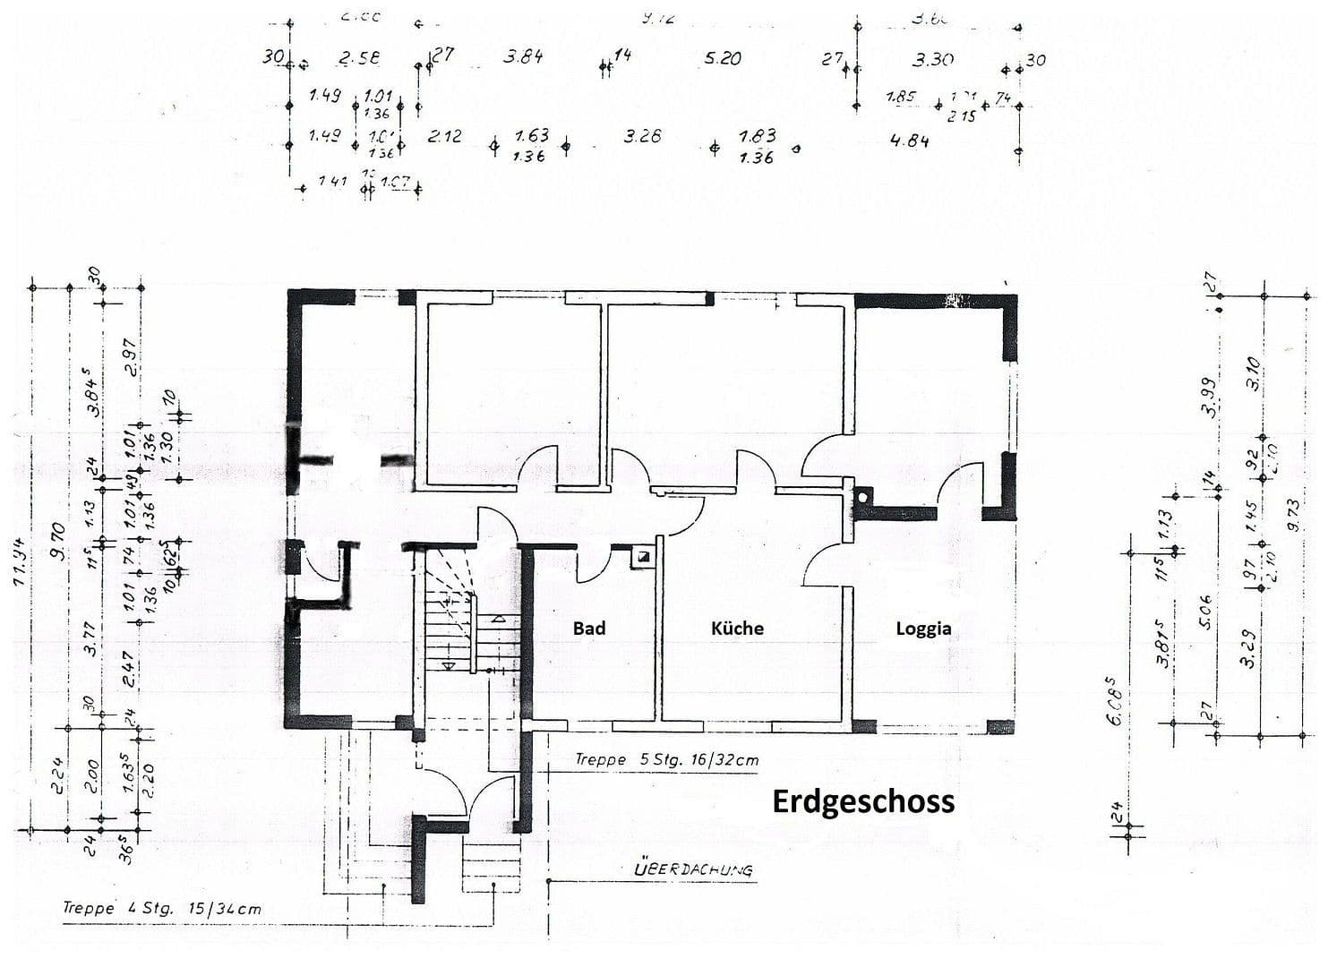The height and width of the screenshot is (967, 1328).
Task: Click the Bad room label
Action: coord(589,629)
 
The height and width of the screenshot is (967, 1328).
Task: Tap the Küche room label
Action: coord(737,629)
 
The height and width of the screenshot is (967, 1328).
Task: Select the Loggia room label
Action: coord(923,629)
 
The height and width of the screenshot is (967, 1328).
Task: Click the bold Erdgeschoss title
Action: coord(863,800)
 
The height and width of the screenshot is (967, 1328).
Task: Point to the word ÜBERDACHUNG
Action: coord(693,869)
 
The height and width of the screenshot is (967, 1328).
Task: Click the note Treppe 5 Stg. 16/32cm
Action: coord(666,759)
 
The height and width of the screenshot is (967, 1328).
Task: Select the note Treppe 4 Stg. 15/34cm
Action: coord(162,908)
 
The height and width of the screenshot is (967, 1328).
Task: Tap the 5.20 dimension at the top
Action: coord(723,58)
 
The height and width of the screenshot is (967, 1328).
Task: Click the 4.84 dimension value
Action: coord(909,141)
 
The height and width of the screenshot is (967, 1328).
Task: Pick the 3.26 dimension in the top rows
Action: coord(642,136)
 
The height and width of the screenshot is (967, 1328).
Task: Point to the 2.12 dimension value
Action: coord(444,136)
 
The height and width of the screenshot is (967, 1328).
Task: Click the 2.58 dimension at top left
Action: coord(359,58)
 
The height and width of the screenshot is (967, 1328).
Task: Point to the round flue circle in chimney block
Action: coord(863,495)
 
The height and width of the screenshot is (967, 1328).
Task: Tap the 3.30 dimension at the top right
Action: coord(932,60)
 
